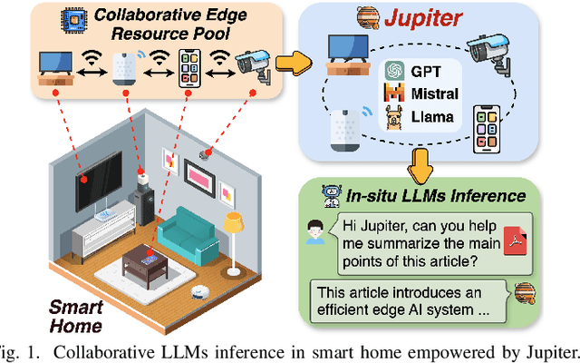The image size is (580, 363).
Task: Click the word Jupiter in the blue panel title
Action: (x=425, y=18)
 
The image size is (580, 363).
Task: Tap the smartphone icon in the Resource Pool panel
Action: (x=188, y=66)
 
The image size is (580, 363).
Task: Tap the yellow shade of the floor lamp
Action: (x=234, y=220)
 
